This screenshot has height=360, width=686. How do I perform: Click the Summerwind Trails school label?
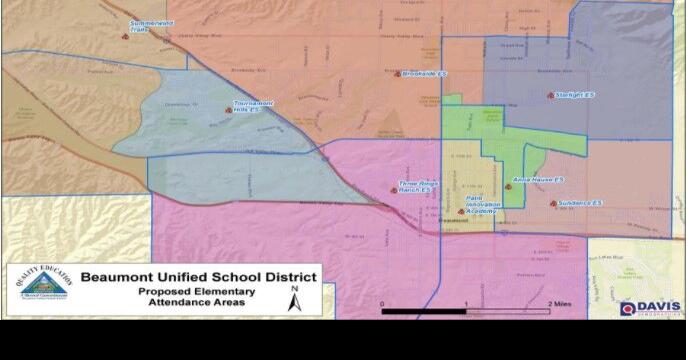tap(153, 26)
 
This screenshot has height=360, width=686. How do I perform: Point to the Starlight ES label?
tap(575, 95)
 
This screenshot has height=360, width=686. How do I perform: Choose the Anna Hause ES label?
tap(538, 179)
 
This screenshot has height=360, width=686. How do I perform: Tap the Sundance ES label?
tap(581, 203)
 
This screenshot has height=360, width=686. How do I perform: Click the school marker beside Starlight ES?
tap(550, 95)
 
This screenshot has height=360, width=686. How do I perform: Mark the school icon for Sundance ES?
tap(552, 204)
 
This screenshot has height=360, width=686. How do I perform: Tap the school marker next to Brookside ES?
tap(397, 73)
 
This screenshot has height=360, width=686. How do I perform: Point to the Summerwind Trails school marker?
tap(125, 36)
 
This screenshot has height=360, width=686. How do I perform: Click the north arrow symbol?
tap(294, 299)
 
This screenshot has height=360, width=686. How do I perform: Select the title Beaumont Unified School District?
tap(199, 277)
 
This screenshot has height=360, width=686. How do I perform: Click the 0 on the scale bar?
tap(383, 302)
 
